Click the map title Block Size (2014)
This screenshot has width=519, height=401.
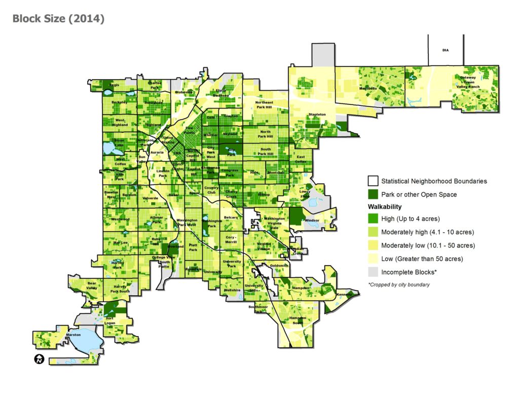[x=58, y=19]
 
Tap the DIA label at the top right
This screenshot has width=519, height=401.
[x=445, y=50]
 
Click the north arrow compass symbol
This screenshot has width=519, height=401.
[x=39, y=359]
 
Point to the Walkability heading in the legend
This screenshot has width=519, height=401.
[x=385, y=207]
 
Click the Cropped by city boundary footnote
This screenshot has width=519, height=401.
[x=399, y=284]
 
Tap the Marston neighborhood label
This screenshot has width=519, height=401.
[x=73, y=335]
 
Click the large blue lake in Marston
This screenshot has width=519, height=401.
[x=86, y=341]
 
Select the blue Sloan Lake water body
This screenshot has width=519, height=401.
[x=109, y=148]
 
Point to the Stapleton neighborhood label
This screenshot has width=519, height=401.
[x=317, y=115]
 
